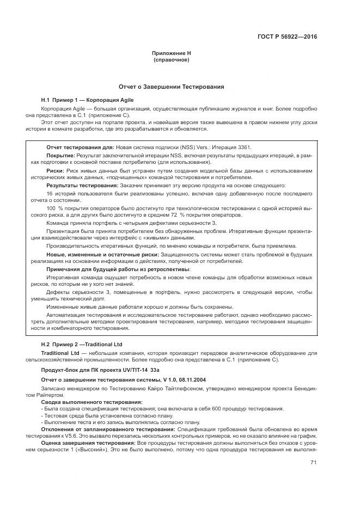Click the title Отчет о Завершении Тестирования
click(172, 87)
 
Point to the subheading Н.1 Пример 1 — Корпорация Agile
click(87, 100)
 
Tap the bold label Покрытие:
click(62, 156)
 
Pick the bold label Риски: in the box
click(57, 170)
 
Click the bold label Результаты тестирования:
click(80, 185)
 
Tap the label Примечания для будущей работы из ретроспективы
click(118, 269)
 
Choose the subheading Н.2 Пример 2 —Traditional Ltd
click(82, 345)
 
